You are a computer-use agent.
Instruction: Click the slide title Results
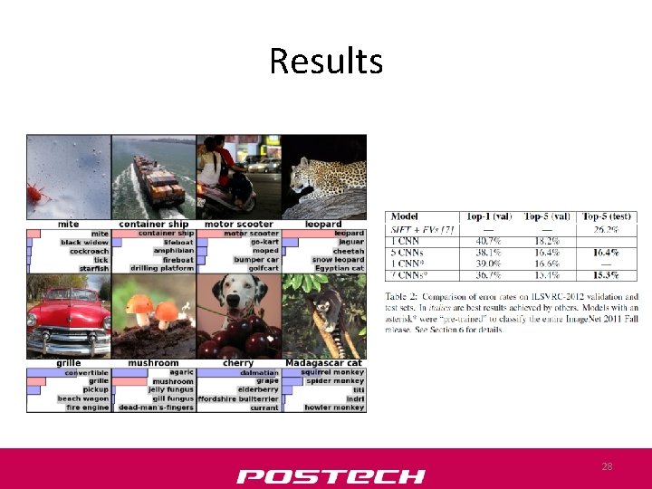[x=326, y=62]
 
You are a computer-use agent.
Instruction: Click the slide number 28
[x=607, y=466]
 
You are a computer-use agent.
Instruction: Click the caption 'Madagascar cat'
[x=324, y=363]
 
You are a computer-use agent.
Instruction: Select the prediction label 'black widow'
[x=84, y=243]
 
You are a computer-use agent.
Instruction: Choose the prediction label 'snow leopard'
[x=338, y=260]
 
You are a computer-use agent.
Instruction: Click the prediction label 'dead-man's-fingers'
[x=156, y=407]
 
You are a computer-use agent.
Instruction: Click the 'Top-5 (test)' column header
[x=609, y=217]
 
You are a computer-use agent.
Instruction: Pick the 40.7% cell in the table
[x=487, y=241]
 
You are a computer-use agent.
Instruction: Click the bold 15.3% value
[x=608, y=273]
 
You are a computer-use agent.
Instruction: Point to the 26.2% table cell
[x=608, y=230]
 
